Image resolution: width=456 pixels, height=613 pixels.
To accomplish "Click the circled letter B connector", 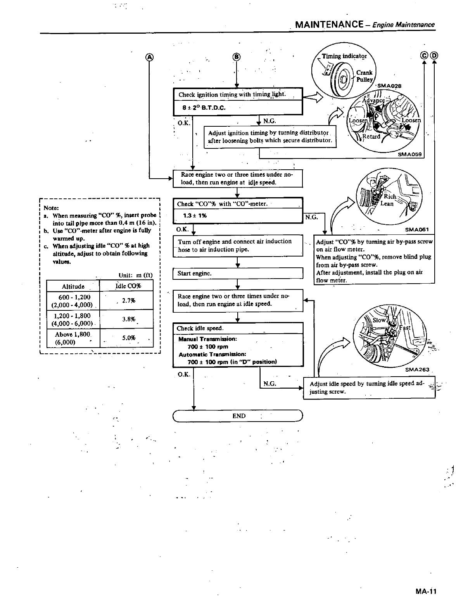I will point(236,58).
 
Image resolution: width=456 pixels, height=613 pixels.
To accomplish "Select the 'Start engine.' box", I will point(237,273).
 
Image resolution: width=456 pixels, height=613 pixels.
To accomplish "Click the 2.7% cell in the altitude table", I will point(128,300).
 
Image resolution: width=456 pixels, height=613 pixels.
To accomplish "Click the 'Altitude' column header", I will point(73,286).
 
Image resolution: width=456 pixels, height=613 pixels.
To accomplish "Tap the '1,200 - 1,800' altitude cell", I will point(73,316).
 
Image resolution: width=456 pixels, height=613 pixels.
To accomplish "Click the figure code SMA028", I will point(389,86).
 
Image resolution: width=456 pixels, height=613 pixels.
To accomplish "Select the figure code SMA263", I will point(417,369).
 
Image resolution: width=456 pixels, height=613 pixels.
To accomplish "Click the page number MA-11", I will point(425,592).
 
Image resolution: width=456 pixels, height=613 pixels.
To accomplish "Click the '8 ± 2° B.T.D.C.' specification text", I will point(204,108).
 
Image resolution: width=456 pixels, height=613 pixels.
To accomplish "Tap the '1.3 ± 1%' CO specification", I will point(195,216).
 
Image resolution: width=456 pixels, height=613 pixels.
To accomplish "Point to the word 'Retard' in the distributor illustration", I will point(371,136).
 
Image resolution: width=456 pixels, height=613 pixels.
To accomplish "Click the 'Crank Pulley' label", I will point(364,76).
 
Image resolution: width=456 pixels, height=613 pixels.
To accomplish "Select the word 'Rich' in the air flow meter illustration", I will point(390,196).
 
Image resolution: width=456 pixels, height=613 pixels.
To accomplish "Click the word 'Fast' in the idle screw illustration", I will point(405,328).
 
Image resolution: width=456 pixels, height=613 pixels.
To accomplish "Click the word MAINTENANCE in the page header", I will point(329,25).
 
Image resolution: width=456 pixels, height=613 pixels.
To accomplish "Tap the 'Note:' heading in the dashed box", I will point(51,208).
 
